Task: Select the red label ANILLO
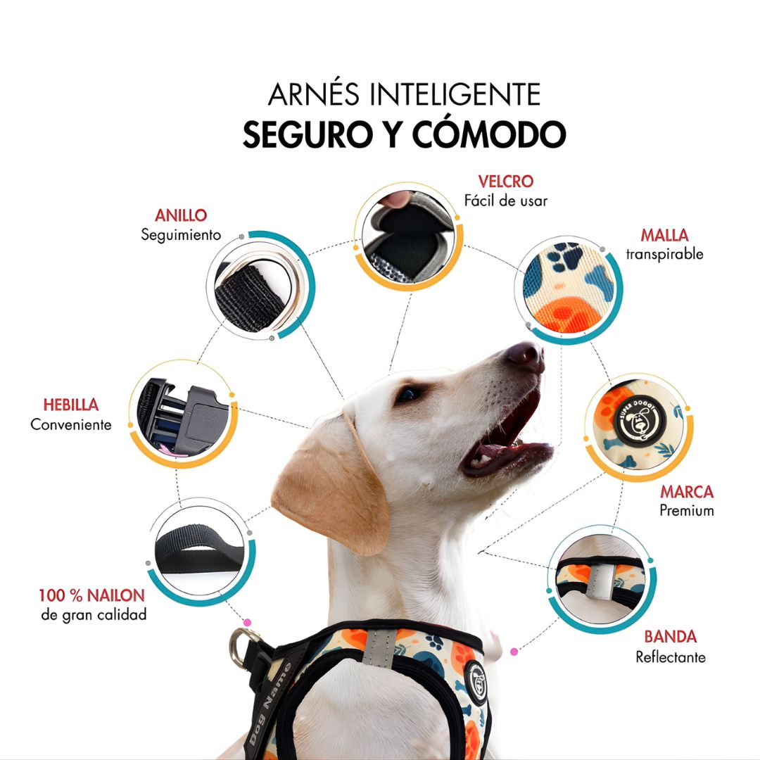181,215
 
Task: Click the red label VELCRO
505,182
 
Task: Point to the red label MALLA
664,235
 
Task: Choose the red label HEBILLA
70,405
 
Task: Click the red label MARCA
686,491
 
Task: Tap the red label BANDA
670,637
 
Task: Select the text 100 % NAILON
91,595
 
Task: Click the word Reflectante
670,657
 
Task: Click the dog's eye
408,395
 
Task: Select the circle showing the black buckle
183,415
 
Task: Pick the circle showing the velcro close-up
408,236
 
